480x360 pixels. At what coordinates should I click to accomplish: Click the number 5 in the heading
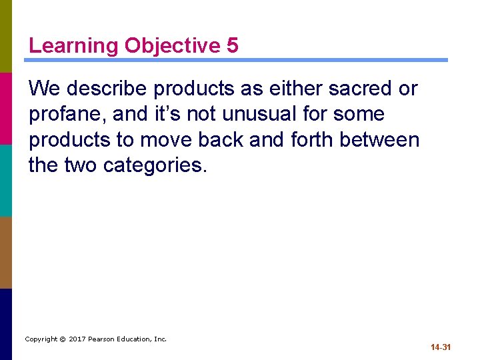pyautogui.click(x=232, y=45)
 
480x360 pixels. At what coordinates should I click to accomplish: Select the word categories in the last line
pyautogui.click(x=155, y=165)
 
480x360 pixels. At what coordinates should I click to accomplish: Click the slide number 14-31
pyautogui.click(x=441, y=347)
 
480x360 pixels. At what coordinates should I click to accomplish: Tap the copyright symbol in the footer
pyautogui.click(x=63, y=339)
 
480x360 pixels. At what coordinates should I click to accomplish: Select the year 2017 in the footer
pyautogui.click(x=77, y=339)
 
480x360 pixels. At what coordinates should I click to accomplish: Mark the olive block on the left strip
pyautogui.click(x=6, y=36)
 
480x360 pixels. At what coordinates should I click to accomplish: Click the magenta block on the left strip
pyautogui.click(x=6, y=108)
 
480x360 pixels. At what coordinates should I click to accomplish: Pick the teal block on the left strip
pyautogui.click(x=6, y=180)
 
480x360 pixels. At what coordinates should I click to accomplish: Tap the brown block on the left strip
pyautogui.click(x=6, y=252)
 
